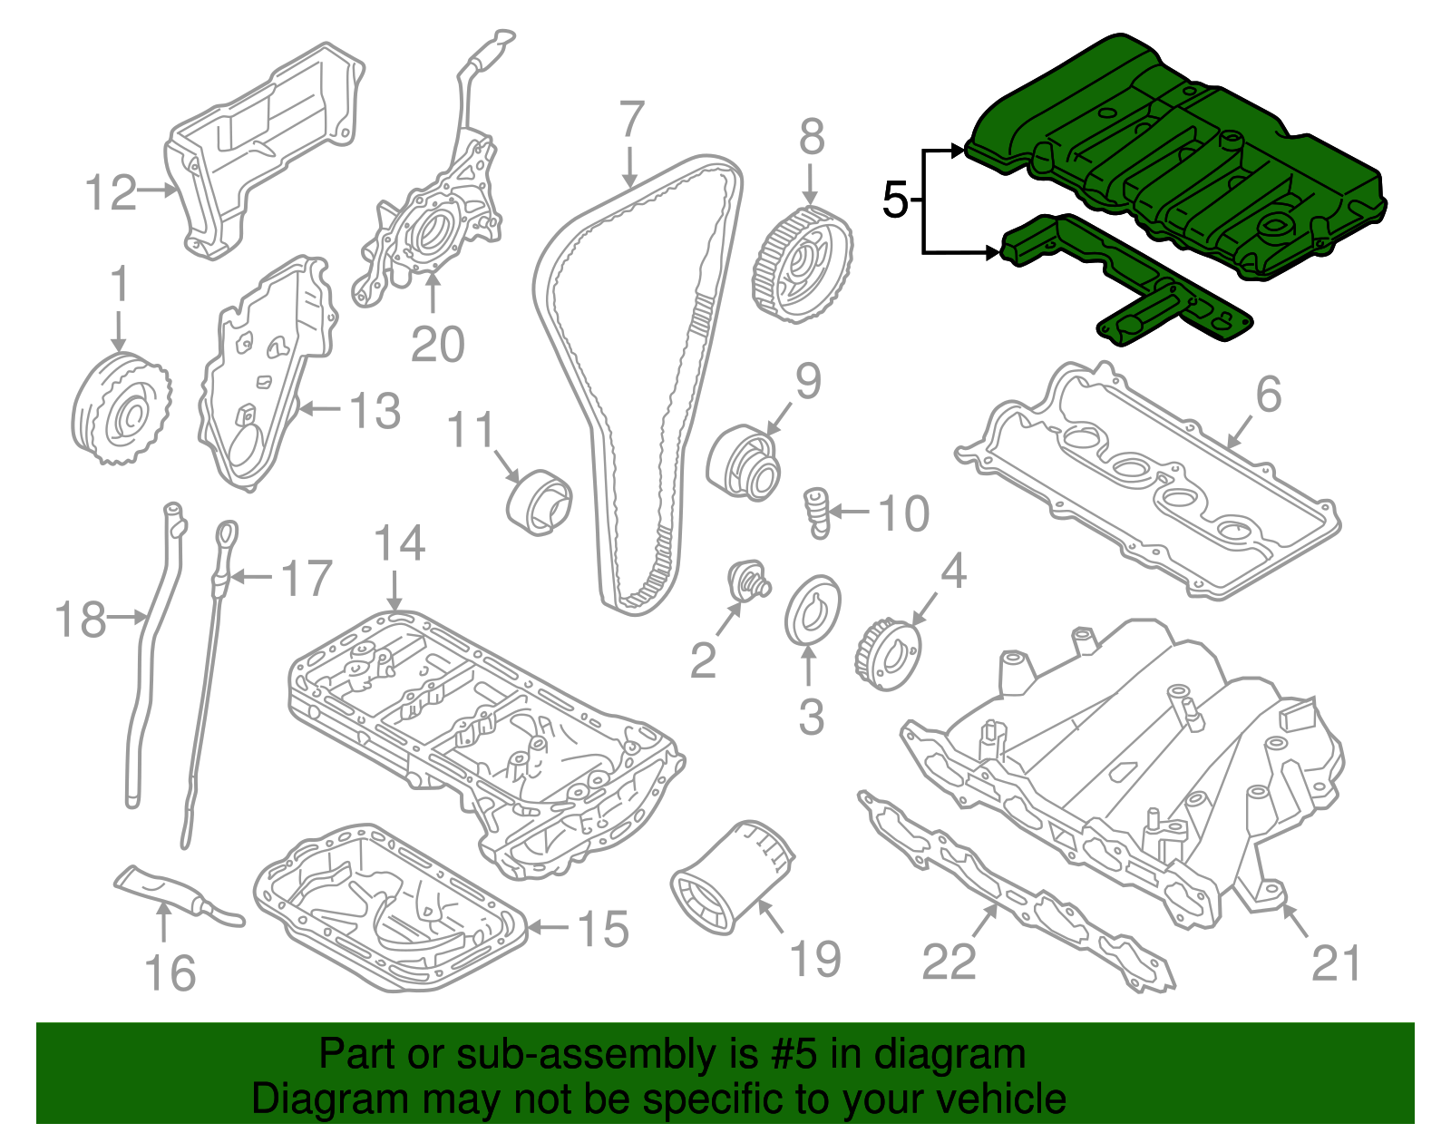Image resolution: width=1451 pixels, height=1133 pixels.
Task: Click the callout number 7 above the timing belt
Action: pyautogui.click(x=631, y=121)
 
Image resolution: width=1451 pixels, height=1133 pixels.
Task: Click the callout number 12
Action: pyautogui.click(x=111, y=193)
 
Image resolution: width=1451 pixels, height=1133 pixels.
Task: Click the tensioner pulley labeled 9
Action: pyautogui.click(x=744, y=463)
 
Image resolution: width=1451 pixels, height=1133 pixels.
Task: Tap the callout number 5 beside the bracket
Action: pyautogui.click(x=894, y=200)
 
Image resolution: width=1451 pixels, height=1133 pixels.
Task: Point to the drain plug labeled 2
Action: pyautogui.click(x=748, y=581)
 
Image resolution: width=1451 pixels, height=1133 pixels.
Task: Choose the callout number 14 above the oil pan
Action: pyautogui.click(x=399, y=543)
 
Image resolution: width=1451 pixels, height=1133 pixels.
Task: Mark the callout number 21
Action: pyautogui.click(x=1336, y=963)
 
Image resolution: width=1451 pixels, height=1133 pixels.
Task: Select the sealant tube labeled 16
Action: pyautogui.click(x=177, y=891)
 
